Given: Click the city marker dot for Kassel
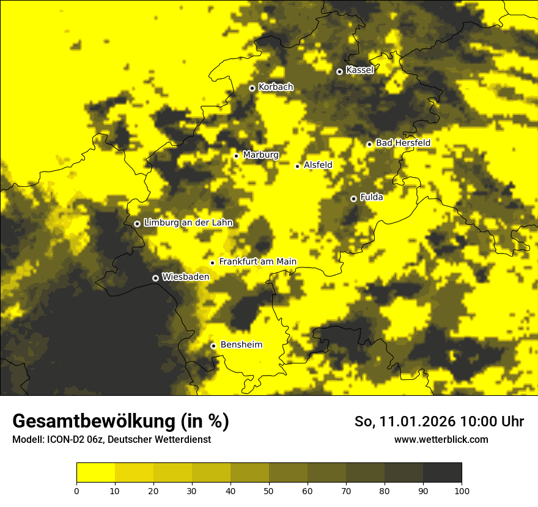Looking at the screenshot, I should [x=339, y=71].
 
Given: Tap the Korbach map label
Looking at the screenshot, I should [x=276, y=87].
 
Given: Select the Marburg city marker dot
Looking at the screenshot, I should [x=236, y=156].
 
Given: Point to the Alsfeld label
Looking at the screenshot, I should [x=318, y=165].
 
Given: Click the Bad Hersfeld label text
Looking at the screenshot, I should [x=403, y=143].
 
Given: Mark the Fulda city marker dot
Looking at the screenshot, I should [x=353, y=199].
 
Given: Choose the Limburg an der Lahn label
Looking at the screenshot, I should [x=188, y=223].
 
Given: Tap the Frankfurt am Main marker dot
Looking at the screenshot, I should [x=212, y=263].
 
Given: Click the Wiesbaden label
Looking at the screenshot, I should [x=186, y=277].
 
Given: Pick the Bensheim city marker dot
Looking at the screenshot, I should [x=213, y=346].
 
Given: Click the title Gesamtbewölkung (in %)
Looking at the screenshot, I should [x=120, y=421].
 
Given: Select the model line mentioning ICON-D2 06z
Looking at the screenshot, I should [x=111, y=440].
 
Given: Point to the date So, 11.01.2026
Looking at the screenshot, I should [x=405, y=421].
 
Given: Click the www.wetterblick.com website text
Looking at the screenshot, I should [x=441, y=440].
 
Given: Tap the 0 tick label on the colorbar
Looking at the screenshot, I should [x=76, y=491].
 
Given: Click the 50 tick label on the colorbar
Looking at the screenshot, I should [x=269, y=491].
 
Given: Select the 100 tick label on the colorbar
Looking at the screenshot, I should [x=462, y=491].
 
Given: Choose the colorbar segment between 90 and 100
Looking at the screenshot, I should [x=442, y=473].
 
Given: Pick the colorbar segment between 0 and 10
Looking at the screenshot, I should [x=95, y=473].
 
